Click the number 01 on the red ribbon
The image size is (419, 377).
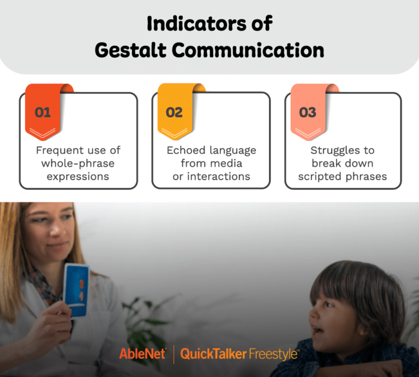(43, 113)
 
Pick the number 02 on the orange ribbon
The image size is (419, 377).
(175, 113)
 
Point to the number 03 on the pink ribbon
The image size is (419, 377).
(308, 113)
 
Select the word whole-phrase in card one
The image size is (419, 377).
(78, 163)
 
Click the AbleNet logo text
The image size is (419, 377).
(142, 354)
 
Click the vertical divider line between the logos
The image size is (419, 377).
(173, 354)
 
